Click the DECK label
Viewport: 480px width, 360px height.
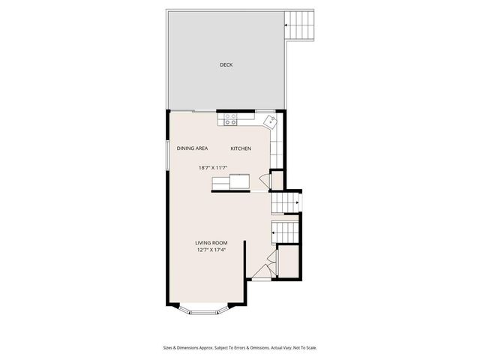click(226, 65)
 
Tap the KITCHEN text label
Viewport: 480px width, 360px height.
click(241, 148)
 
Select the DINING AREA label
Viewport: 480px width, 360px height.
click(192, 148)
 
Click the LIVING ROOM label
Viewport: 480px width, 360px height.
click(211, 243)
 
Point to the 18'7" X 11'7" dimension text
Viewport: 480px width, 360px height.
click(212, 167)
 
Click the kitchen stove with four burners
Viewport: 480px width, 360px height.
click(231, 118)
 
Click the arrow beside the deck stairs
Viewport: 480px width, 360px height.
click(287, 26)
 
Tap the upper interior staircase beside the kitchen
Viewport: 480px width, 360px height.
click(285, 202)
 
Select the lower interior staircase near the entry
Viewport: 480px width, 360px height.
click(285, 233)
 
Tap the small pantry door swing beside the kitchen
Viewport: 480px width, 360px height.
click(263, 180)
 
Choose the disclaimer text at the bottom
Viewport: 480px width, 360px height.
click(239, 348)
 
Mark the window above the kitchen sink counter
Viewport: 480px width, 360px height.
click(265, 110)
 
